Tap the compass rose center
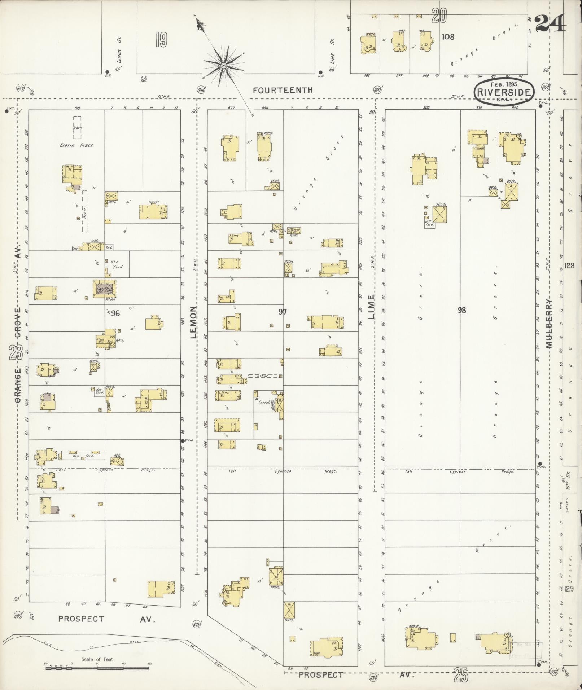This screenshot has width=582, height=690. click(x=223, y=65)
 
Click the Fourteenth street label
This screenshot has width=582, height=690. click(x=283, y=90)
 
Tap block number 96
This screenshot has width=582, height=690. click(x=115, y=313)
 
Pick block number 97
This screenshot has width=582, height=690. click(x=283, y=312)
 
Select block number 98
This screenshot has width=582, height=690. click(x=462, y=310)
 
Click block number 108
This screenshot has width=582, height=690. click(x=448, y=36)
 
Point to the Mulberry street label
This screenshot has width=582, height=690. click(x=549, y=323)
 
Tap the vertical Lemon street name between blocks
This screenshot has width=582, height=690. click(x=194, y=322)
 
